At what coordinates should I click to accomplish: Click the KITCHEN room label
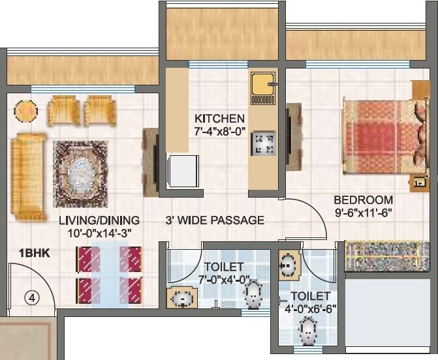click(219, 119)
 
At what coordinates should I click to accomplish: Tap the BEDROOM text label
click(363, 200)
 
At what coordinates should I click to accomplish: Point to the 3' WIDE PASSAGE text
click(215, 220)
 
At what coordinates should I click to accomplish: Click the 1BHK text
click(30, 252)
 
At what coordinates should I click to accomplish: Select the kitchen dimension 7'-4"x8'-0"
click(219, 131)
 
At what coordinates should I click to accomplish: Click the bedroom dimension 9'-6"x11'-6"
click(363, 212)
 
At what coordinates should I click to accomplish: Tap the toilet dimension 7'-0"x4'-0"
click(224, 278)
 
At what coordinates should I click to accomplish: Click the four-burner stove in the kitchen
click(264, 143)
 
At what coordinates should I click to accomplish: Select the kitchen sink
click(263, 87)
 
